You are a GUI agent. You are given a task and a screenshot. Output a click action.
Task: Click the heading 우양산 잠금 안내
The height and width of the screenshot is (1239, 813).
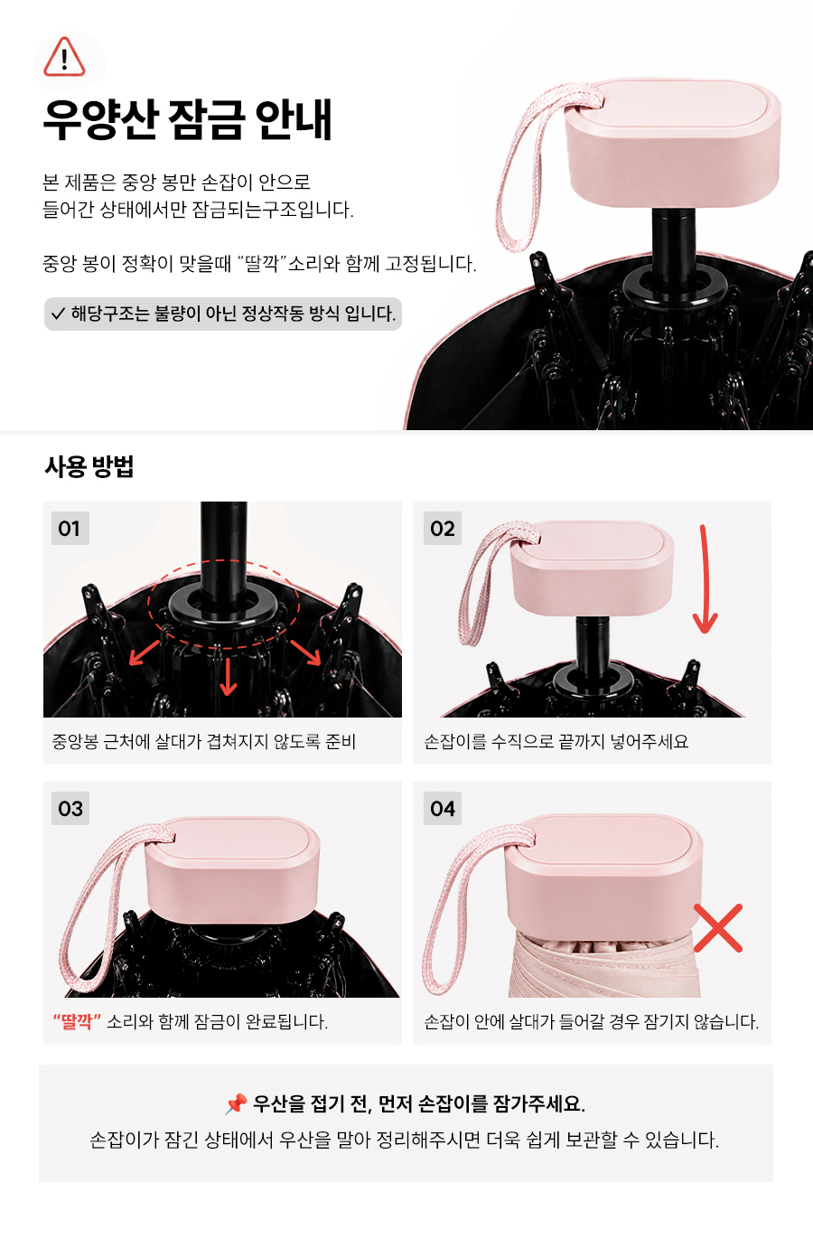point(188,119)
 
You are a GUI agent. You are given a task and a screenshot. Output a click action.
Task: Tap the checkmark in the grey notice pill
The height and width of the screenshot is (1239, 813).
point(58,314)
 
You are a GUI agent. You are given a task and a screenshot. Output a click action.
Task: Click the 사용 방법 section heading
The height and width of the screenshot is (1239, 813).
point(89,466)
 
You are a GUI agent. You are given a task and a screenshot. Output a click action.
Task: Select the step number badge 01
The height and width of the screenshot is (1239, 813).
point(70,529)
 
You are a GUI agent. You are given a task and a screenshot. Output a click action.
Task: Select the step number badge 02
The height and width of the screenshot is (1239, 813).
point(443,529)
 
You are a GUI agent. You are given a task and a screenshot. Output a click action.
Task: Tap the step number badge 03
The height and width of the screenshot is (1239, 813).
point(70,809)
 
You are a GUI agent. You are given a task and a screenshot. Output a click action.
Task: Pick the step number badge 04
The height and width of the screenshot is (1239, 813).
point(443,809)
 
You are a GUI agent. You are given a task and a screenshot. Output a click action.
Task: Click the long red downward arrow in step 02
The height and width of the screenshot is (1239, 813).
point(704,578)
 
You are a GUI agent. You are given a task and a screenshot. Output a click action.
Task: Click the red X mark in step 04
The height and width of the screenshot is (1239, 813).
point(718,928)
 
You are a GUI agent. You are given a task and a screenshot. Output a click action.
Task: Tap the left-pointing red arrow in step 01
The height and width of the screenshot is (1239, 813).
point(144,653)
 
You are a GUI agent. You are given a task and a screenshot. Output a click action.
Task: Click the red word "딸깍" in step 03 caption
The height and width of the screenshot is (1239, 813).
point(77,1020)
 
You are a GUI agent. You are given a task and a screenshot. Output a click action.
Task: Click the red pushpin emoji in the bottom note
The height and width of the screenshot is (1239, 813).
point(236,1103)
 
